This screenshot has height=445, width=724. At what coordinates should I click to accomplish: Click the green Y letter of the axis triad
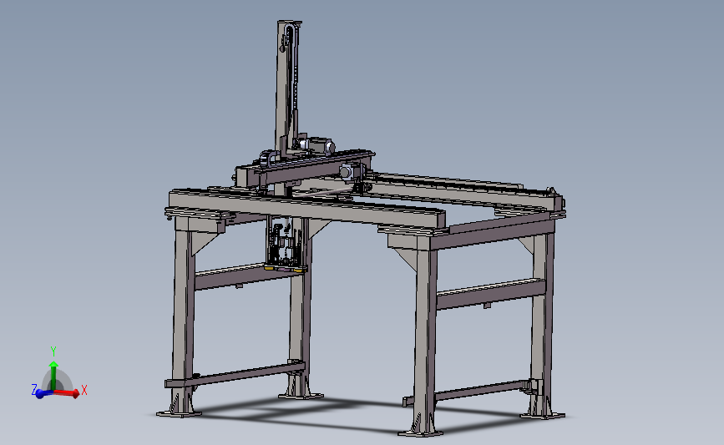pos(53,351)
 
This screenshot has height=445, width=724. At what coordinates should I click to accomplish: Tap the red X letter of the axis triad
pos(84,390)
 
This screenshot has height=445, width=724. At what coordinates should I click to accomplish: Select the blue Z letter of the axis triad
pos(34,390)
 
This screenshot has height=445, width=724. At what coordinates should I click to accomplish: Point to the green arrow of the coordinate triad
pos(53,370)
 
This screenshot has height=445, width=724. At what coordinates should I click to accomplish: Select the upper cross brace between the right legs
pos(489,292)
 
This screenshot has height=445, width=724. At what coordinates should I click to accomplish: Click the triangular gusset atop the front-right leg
pos(407,255)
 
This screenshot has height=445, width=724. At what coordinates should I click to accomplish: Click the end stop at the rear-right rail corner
pos(554,200)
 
